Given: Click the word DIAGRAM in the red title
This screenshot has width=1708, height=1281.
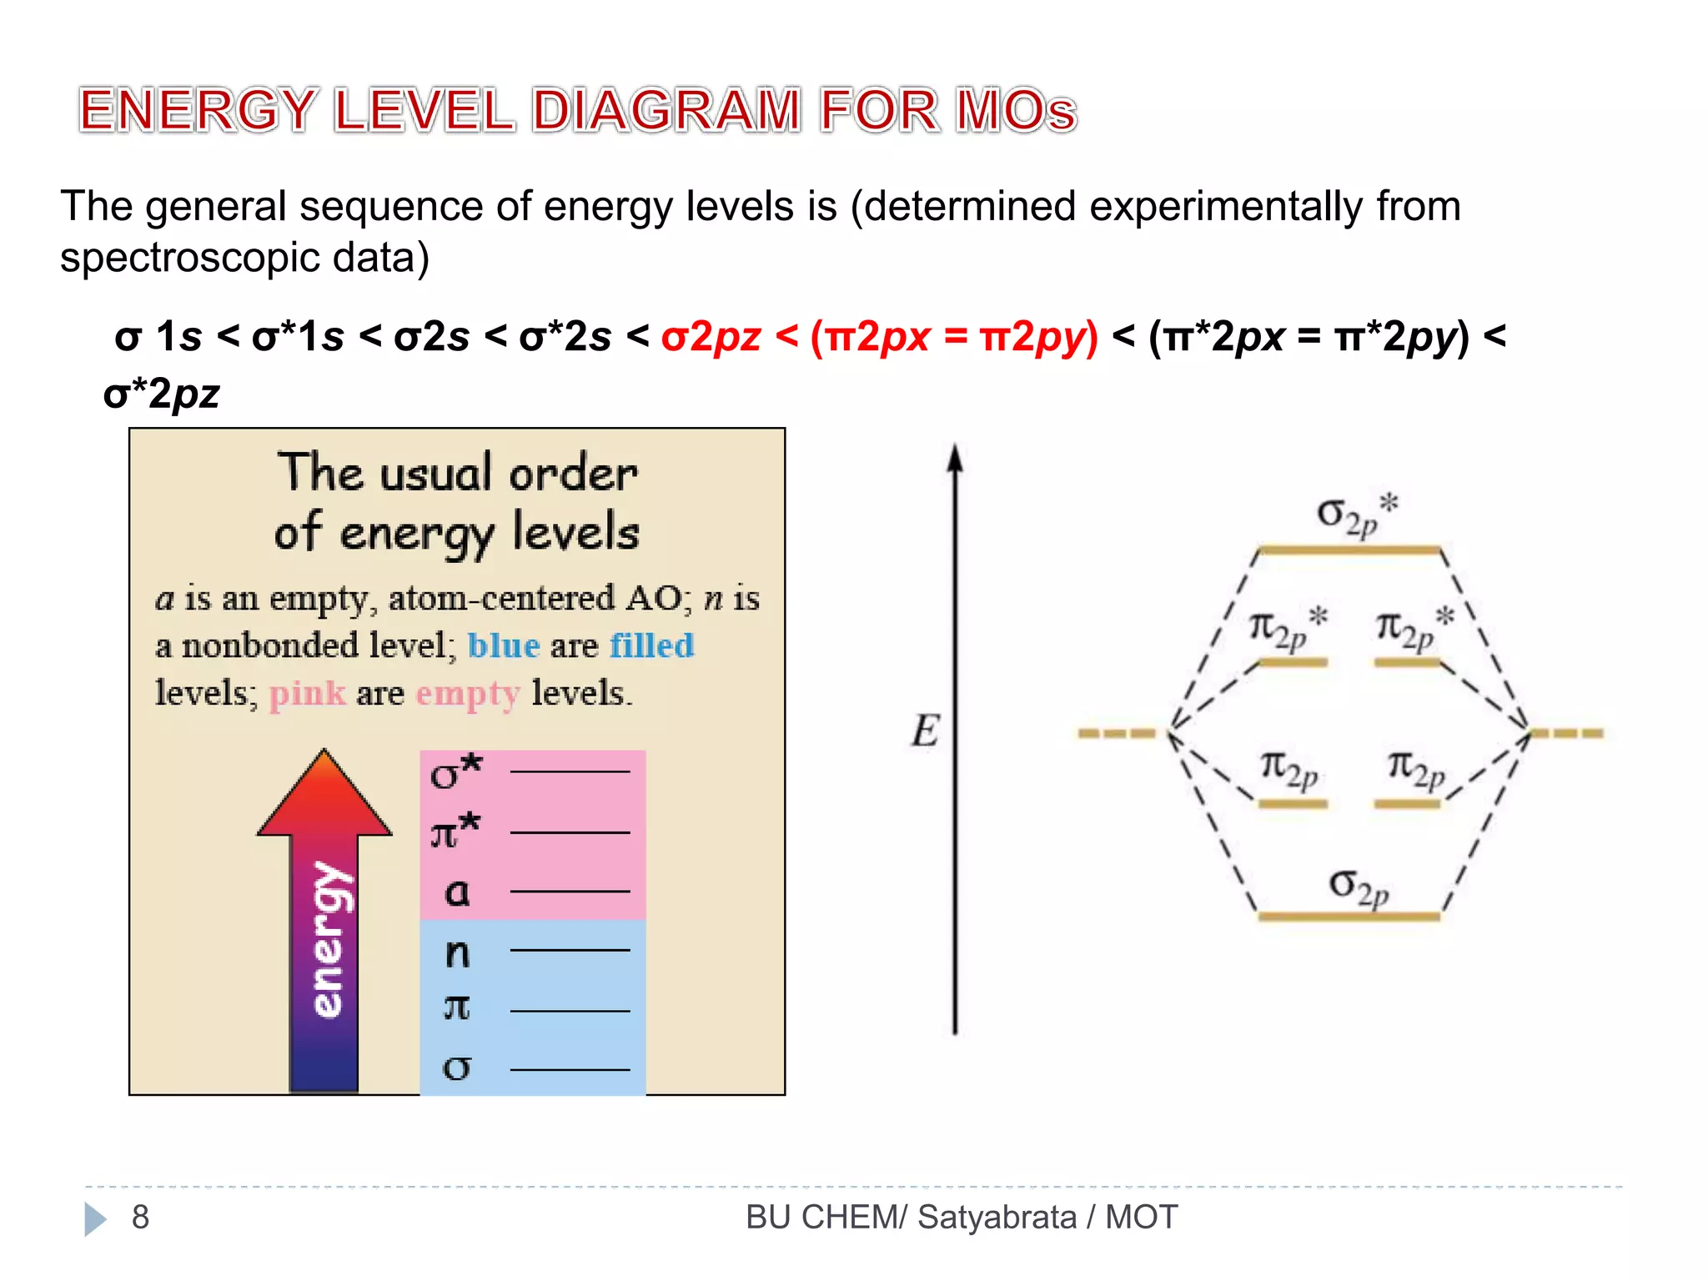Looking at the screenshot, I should pyautogui.click(x=666, y=110).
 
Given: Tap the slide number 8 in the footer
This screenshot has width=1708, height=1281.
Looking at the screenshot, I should pyautogui.click(x=140, y=1217).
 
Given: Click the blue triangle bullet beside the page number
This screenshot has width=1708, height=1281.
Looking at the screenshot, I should pyautogui.click(x=95, y=1218).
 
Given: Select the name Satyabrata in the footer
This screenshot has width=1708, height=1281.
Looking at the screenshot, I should pyautogui.click(x=997, y=1217).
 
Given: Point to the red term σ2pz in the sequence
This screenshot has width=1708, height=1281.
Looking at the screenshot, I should pyautogui.click(x=711, y=337).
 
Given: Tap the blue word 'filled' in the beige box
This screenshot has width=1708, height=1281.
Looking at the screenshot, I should pyautogui.click(x=651, y=646).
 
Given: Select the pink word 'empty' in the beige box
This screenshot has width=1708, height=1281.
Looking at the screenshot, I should pyautogui.click(x=468, y=694).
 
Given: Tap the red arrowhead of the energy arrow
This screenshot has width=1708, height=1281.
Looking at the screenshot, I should pyautogui.click(x=324, y=792).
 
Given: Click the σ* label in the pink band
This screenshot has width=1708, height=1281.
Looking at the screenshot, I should pyautogui.click(x=455, y=771).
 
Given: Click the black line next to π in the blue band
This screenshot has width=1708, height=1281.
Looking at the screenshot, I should pyautogui.click(x=570, y=1011).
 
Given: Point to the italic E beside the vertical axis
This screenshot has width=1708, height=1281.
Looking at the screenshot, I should pyautogui.click(x=925, y=731).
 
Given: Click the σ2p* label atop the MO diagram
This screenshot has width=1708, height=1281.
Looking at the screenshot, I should pyautogui.click(x=1356, y=514).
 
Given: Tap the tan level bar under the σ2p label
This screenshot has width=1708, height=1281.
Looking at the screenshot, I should pyautogui.click(x=1349, y=916).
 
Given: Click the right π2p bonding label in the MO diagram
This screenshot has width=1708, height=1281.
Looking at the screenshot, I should pyautogui.click(x=1415, y=768).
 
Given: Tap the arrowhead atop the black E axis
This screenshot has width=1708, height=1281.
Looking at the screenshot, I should pyautogui.click(x=956, y=458).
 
